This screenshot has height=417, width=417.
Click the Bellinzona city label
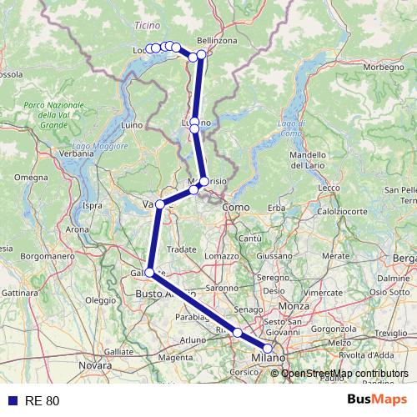[x=218, y=40]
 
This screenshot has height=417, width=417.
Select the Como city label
[x=237, y=207]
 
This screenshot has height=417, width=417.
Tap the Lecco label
[x=329, y=188]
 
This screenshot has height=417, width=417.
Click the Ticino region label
[x=146, y=26]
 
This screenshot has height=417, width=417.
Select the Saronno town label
[x=223, y=288]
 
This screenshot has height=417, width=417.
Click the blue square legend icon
[x=11, y=400]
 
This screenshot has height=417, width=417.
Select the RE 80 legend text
[x=41, y=400]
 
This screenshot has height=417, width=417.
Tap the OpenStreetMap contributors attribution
[x=344, y=373]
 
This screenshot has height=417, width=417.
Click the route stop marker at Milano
[x=268, y=349]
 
